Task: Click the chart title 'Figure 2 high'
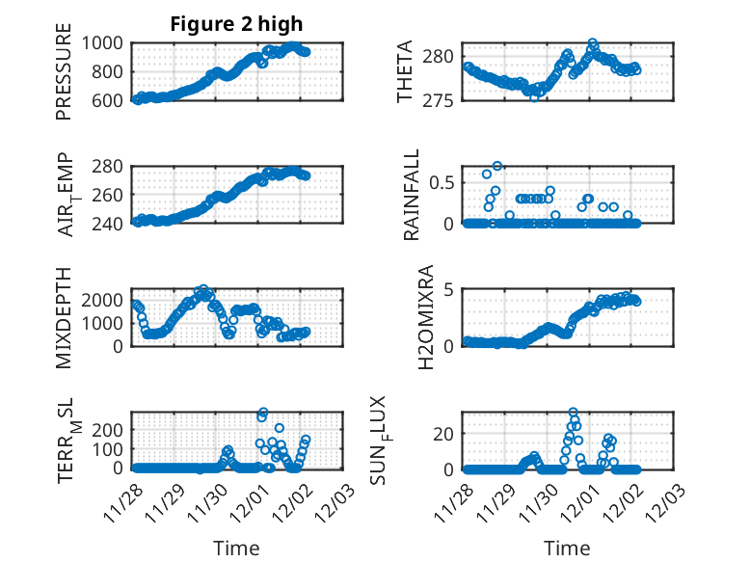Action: [x=236, y=23]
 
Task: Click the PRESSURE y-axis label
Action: [x=64, y=78]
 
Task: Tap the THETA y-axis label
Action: [x=407, y=71]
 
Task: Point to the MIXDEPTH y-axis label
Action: [x=64, y=317]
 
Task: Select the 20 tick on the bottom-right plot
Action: [x=443, y=433]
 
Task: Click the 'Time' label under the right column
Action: [x=568, y=549]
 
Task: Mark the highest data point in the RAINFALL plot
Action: [x=497, y=166]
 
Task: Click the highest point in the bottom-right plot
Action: [x=573, y=412]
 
